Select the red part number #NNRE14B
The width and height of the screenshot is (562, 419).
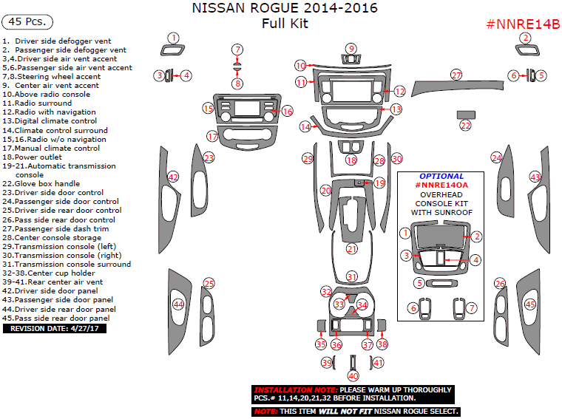(x=522, y=24)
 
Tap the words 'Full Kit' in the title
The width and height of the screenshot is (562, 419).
(x=285, y=24)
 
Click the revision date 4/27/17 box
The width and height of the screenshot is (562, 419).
(x=55, y=328)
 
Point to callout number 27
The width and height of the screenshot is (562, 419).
(x=456, y=75)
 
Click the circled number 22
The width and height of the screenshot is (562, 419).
(x=465, y=126)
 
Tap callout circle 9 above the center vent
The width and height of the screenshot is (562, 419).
(x=351, y=49)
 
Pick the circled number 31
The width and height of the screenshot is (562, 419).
(x=352, y=276)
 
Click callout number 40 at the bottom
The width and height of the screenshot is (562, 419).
(x=353, y=375)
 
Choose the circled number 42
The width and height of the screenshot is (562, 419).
(x=173, y=177)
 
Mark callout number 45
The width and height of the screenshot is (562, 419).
(x=529, y=304)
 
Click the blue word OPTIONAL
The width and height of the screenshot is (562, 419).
(x=441, y=177)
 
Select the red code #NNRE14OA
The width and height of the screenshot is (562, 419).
(x=441, y=185)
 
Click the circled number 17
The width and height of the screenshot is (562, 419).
(x=212, y=136)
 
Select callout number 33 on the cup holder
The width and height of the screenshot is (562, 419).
(x=339, y=304)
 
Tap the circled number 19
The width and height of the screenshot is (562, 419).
(x=379, y=183)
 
